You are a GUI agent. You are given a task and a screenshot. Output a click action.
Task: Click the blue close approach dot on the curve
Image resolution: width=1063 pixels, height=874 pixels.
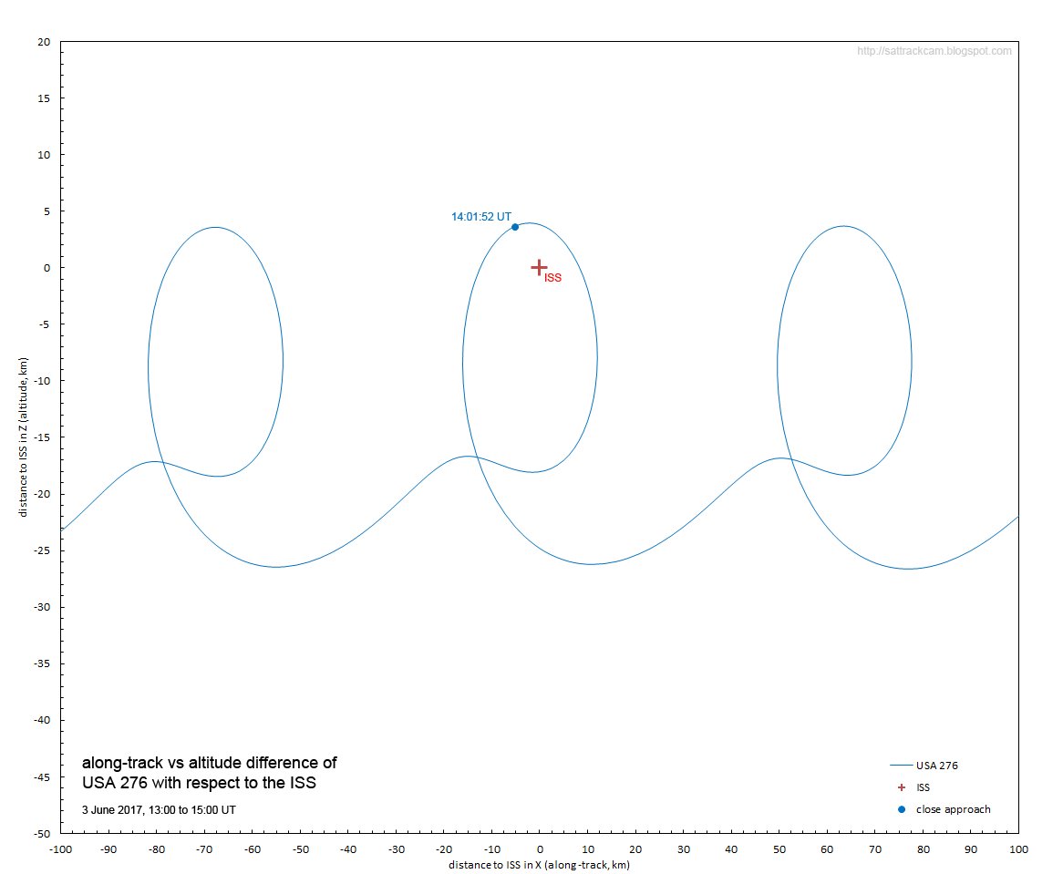(515, 227)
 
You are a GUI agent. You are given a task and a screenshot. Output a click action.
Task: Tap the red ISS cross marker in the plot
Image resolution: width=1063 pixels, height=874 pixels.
(539, 268)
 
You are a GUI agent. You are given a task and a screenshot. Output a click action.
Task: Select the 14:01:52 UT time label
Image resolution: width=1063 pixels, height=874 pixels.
(481, 217)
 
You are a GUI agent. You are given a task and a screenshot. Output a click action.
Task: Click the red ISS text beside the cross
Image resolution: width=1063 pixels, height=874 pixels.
(552, 278)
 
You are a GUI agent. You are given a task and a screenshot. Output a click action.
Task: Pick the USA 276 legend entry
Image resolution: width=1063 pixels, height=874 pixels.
(924, 766)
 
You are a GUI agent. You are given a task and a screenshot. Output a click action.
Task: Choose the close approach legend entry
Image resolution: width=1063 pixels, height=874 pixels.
(944, 809)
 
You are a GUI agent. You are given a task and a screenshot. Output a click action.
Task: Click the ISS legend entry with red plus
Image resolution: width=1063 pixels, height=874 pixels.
(913, 787)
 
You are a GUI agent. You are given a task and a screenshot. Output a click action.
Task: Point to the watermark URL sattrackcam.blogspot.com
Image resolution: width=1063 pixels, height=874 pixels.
(934, 51)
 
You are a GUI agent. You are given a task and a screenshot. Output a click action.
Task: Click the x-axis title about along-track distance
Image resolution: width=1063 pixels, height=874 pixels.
(539, 865)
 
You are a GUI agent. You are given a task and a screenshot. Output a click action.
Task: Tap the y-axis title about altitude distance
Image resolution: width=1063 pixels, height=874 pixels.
(23, 437)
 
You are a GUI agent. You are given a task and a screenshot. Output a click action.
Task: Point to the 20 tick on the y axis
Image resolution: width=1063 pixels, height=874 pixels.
(44, 42)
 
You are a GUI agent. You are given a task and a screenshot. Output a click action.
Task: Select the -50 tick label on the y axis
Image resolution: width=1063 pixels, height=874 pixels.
(42, 833)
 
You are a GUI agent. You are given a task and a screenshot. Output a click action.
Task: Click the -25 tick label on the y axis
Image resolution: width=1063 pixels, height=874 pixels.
(42, 550)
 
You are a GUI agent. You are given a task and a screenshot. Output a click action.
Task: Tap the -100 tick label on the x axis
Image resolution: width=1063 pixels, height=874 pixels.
(61, 849)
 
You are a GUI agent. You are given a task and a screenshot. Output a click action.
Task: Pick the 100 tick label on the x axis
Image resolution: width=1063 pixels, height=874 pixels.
(1019, 849)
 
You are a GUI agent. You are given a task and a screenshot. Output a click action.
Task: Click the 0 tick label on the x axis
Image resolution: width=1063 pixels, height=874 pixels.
(540, 849)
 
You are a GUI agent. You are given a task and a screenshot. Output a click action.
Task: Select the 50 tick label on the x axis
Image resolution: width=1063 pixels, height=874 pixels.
(779, 849)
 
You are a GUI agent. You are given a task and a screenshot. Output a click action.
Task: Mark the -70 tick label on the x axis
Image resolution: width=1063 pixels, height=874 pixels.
(205, 849)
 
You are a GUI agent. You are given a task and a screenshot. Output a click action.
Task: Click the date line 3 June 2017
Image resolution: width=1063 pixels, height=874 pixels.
(159, 809)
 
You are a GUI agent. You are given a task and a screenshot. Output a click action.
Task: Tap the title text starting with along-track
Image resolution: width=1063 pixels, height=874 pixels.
(210, 773)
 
